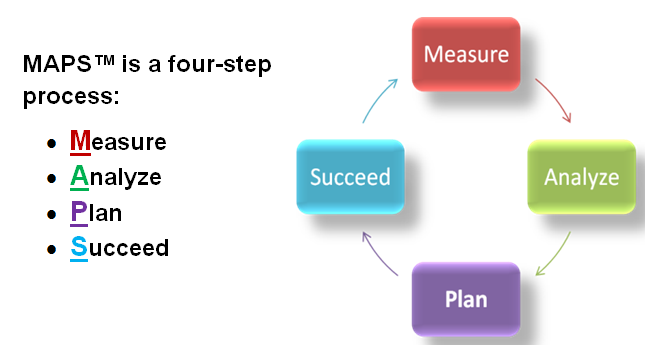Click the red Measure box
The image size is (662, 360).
tap(466, 54)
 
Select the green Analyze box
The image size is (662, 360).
tap(581, 177)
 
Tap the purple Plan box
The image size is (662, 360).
tap(466, 299)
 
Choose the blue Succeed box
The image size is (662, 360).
tap(350, 177)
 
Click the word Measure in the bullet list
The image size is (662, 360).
tap(118, 142)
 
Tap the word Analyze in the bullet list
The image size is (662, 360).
tap(116, 178)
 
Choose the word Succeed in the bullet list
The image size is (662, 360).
tap(119, 248)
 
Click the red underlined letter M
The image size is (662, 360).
tap(80, 142)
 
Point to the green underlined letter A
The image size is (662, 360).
tap(79, 178)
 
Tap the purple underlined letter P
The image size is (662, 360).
tap(78, 213)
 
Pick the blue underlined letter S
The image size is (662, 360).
tap(78, 248)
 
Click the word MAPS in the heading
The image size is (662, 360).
tap(56, 65)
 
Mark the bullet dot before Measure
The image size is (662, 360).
tap(51, 144)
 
